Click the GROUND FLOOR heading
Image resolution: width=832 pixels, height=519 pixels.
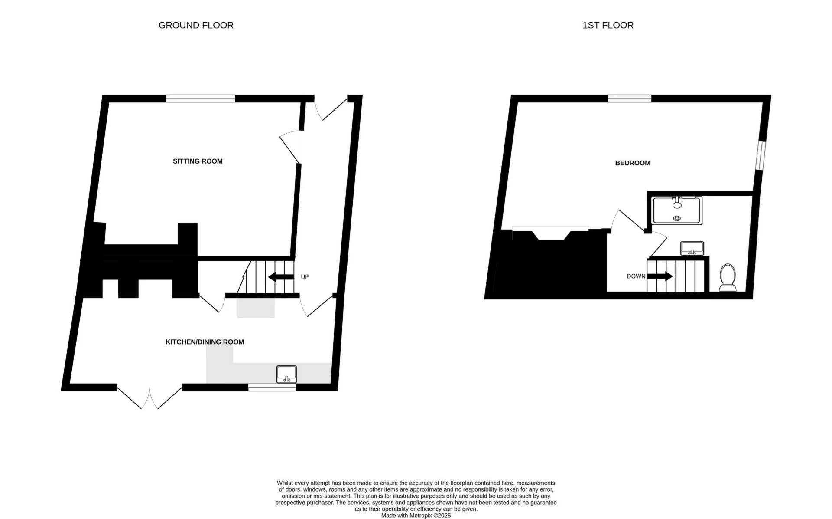coord(196,25)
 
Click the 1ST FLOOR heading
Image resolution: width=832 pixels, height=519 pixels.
coord(608,25)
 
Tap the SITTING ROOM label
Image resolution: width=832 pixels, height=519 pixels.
coord(198,161)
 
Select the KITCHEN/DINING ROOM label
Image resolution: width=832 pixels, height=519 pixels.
coord(205,342)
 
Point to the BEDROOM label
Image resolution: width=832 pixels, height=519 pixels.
coord(632,163)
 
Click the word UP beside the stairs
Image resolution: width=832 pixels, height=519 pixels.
coord(305,277)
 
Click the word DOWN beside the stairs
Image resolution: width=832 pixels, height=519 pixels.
coord(636,276)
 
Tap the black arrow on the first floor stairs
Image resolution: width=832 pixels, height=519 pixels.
coord(660,276)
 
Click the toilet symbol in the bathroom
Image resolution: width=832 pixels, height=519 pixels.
coord(728,278)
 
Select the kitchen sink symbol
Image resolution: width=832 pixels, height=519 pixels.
coord(286,374)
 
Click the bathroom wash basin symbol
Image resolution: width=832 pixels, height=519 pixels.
coord(692,249)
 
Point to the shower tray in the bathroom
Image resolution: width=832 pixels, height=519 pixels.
coord(676,211)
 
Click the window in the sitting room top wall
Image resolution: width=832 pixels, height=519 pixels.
coord(201,99)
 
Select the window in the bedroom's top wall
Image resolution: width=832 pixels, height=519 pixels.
coord(629,99)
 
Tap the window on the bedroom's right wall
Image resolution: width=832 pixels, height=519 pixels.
coord(760,155)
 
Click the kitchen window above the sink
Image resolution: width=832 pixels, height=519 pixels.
coord(272,387)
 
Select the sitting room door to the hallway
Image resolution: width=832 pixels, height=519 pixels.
coord(290,148)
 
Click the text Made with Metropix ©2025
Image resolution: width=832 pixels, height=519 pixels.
coord(416,516)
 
